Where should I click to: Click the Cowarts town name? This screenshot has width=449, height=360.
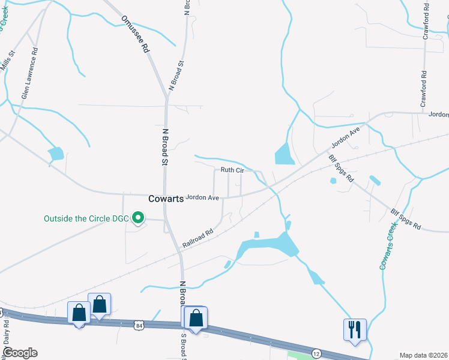click(166, 199)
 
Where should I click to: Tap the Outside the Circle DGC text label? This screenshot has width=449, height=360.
click(86, 218)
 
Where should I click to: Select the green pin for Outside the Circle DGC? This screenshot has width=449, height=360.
click(137, 218)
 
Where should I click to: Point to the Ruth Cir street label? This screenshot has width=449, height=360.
click(232, 170)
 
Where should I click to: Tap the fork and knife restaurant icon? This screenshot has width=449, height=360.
click(354, 329)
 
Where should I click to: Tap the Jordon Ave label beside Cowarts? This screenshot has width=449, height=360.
click(202, 197)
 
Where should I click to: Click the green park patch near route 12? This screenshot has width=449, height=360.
click(300, 355)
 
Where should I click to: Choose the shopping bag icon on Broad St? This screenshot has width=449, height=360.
click(196, 318)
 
